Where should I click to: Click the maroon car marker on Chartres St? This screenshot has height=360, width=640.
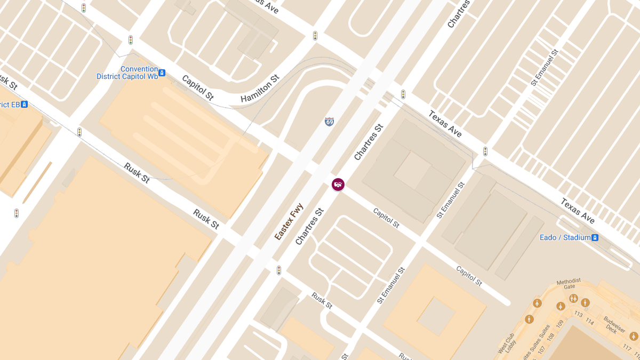pyautogui.click(x=338, y=185)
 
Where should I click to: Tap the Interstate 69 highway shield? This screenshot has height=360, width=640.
pyautogui.click(x=329, y=122)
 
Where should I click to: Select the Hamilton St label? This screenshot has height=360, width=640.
pyautogui.click(x=260, y=89)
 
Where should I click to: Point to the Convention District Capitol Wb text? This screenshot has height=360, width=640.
pyautogui.click(x=127, y=73)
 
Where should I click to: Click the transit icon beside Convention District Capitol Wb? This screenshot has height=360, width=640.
pyautogui.click(x=162, y=73)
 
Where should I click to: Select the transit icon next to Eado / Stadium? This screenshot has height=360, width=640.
pyautogui.click(x=595, y=237)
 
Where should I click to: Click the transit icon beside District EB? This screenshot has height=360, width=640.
pyautogui.click(x=25, y=105)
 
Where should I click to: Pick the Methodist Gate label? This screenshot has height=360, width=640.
pyautogui.click(x=568, y=284)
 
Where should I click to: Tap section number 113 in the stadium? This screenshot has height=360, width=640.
pyautogui.click(x=578, y=315)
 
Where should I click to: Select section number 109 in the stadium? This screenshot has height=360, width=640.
pyautogui.click(x=559, y=324)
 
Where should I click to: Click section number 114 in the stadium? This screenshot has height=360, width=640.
pyautogui.click(x=589, y=321)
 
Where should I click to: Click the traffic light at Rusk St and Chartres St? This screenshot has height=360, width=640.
pyautogui.click(x=278, y=270)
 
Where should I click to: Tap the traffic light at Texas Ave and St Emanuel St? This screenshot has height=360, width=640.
pyautogui.click(x=485, y=151)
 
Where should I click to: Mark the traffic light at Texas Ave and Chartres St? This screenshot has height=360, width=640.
pyautogui.click(x=403, y=94)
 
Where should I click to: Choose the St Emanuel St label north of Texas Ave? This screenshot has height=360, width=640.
pyautogui.click(x=545, y=68)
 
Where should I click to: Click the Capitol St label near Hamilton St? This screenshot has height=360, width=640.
pyautogui.click(x=197, y=88)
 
